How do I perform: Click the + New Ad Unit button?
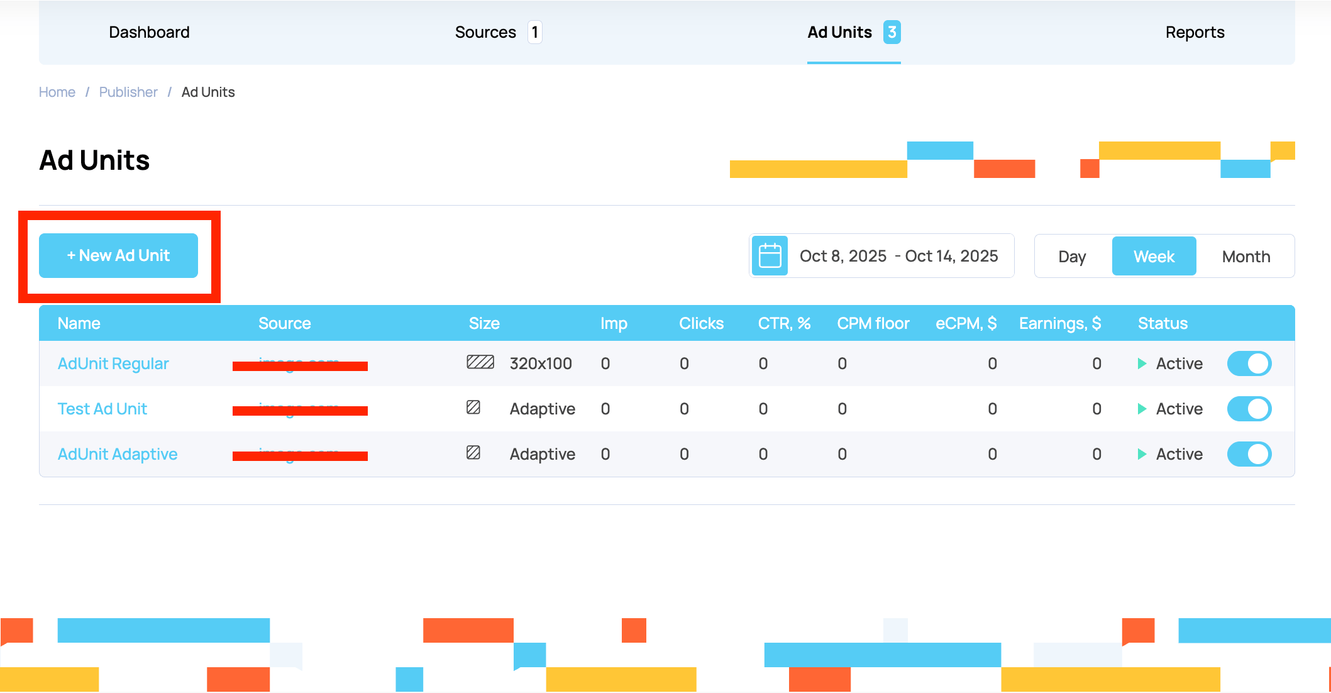pyautogui.click(x=118, y=255)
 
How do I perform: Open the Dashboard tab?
pyautogui.click(x=149, y=32)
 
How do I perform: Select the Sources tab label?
pyautogui.click(x=485, y=32)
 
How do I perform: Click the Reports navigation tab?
pyautogui.click(x=1195, y=32)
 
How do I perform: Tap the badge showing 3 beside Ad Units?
pyautogui.click(x=892, y=32)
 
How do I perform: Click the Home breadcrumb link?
pyautogui.click(x=57, y=92)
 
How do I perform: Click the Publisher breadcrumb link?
pyautogui.click(x=128, y=92)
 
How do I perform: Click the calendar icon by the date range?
pyautogui.click(x=770, y=256)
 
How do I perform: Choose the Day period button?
pyautogui.click(x=1072, y=257)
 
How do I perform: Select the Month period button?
pyautogui.click(x=1245, y=257)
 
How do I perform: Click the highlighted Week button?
pyautogui.click(x=1154, y=257)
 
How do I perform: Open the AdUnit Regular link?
pyautogui.click(x=113, y=363)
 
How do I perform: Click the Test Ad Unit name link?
pyautogui.click(x=102, y=409)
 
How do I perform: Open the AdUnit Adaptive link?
pyautogui.click(x=118, y=454)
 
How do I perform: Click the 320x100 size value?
pyautogui.click(x=541, y=363)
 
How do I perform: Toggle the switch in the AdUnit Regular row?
pyautogui.click(x=1249, y=363)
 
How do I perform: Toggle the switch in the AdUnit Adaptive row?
pyautogui.click(x=1249, y=454)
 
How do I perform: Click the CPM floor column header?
pyautogui.click(x=873, y=323)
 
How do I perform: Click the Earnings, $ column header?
pyautogui.click(x=1059, y=323)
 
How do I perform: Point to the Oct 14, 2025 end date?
pyautogui.click(x=951, y=256)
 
